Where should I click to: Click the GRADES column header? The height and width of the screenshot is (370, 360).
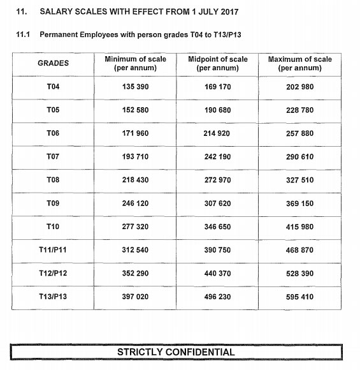point(54,63)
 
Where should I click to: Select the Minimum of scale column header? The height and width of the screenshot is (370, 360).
point(135,63)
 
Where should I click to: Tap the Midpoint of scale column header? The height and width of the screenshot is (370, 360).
point(218,63)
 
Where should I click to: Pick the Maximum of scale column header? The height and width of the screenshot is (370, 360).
point(299,63)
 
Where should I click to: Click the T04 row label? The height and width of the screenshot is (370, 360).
point(54,87)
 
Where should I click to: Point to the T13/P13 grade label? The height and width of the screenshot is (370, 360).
point(54,297)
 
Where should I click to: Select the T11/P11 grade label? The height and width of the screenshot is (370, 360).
point(54,250)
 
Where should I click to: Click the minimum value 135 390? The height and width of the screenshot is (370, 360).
point(135,87)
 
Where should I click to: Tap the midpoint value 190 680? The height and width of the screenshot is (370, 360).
point(218,110)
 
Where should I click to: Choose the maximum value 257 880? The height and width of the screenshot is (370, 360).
point(299,133)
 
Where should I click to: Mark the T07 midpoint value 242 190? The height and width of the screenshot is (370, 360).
point(218,157)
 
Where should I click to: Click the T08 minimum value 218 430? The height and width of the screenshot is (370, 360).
point(135,180)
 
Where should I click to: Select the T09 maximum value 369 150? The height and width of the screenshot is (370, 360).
point(299,204)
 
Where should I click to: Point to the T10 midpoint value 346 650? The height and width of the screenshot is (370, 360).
point(218,226)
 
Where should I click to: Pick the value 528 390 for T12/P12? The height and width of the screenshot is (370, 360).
point(299,273)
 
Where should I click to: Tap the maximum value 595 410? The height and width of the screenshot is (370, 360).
point(299,297)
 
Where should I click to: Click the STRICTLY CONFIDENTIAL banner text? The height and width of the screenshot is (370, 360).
point(176,352)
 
